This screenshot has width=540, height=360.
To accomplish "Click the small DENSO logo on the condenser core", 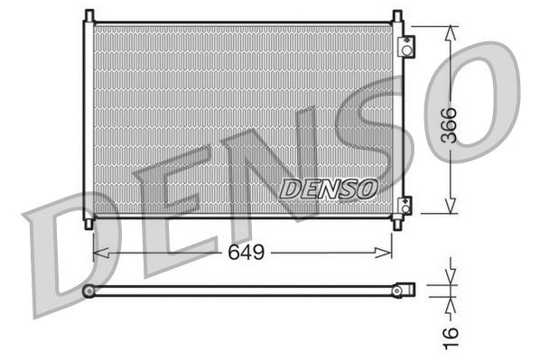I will (x=327, y=189).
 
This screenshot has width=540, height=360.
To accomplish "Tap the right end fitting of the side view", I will (x=405, y=290).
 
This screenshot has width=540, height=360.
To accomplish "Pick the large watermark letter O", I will (x=479, y=99).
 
